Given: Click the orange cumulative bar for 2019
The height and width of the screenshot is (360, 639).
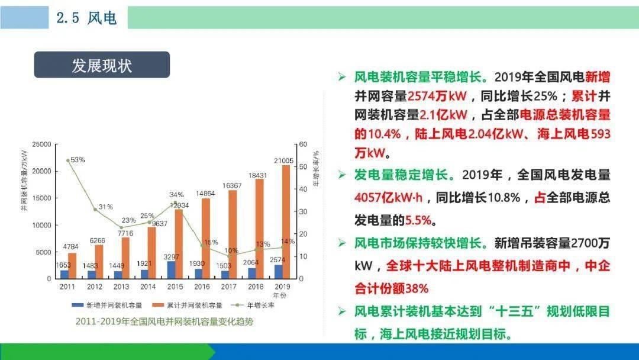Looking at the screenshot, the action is click(286, 222).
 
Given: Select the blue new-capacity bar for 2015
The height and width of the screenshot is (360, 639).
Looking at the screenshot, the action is click(172, 270).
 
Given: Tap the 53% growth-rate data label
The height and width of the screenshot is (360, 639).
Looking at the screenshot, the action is click(78, 160).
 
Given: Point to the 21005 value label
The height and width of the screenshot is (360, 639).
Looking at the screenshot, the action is click(283, 160).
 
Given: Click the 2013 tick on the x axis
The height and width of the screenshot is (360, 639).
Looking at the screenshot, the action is click(121, 287).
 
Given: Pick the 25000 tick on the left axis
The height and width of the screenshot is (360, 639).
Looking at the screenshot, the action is click(42, 144).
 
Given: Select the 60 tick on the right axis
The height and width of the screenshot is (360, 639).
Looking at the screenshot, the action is click(303, 144).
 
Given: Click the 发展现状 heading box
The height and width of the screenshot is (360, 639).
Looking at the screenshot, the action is click(102, 65).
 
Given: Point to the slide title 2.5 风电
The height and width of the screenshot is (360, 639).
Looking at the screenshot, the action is click(86, 18).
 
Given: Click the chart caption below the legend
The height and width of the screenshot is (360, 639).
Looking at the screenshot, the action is click(164, 322).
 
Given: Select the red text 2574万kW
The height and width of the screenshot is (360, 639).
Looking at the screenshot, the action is click(437, 97).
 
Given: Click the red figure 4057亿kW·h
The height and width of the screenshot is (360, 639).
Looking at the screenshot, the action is click(388, 198).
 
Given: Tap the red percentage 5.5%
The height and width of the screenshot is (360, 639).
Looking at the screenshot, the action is click(418, 221).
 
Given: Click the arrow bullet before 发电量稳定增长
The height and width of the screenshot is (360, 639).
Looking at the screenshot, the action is click(342, 175).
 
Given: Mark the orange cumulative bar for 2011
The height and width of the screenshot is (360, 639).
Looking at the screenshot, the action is click(72, 266).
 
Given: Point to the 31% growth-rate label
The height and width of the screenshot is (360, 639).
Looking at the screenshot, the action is click(105, 207).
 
